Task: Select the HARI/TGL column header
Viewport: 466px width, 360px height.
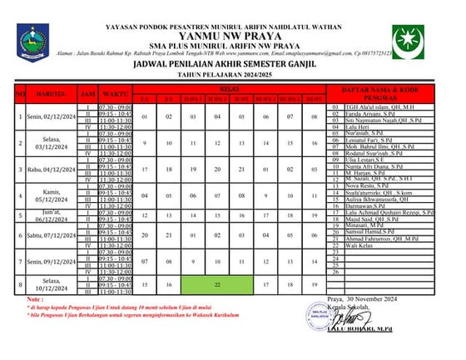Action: (x=52, y=96)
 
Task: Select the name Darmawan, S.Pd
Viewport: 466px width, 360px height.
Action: (x=370, y=204)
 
